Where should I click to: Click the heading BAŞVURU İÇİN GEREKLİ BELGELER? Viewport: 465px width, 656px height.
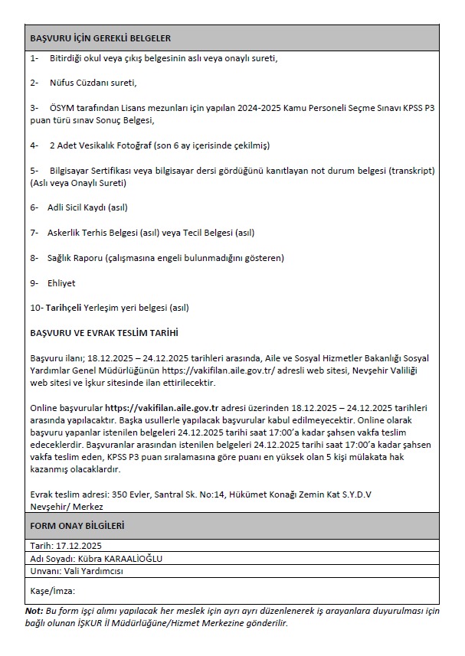[100, 38]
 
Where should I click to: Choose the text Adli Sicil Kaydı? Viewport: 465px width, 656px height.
[77, 207]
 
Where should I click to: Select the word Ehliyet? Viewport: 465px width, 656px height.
[61, 283]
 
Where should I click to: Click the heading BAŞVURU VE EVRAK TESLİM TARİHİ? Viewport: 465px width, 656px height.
[104, 333]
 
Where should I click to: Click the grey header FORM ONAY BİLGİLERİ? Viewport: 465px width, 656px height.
[77, 527]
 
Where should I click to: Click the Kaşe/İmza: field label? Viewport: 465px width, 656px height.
[52, 590]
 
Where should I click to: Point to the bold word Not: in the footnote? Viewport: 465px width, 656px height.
[34, 611]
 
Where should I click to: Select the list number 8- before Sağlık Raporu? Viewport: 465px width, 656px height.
[34, 258]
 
